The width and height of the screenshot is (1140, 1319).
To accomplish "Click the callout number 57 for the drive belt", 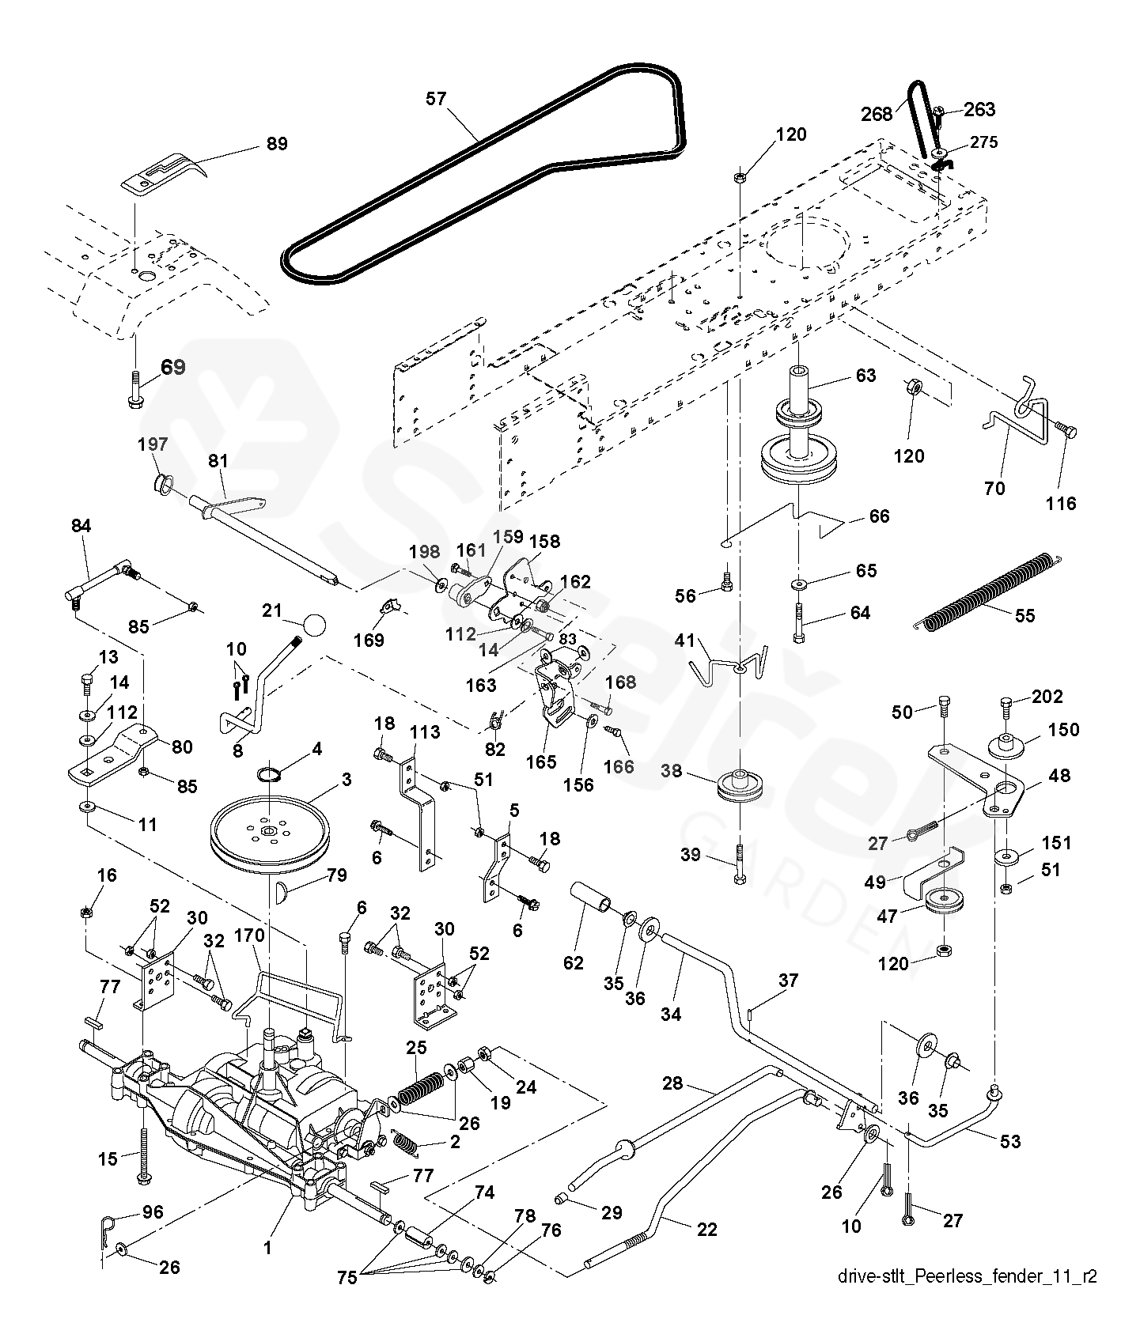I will pyautogui.click(x=436, y=99).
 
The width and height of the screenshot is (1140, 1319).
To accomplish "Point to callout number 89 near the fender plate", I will pyautogui.click(x=277, y=144).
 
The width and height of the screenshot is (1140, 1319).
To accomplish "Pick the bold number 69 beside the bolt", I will pyautogui.click(x=173, y=367).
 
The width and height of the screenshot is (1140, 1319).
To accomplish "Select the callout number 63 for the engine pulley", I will pyautogui.click(x=866, y=375).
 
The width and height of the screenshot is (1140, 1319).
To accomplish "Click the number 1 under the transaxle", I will pyautogui.click(x=267, y=1248).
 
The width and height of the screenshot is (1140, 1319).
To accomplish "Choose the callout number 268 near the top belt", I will pyautogui.click(x=877, y=114).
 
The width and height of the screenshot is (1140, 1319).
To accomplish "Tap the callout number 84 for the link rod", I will pyautogui.click(x=81, y=525).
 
